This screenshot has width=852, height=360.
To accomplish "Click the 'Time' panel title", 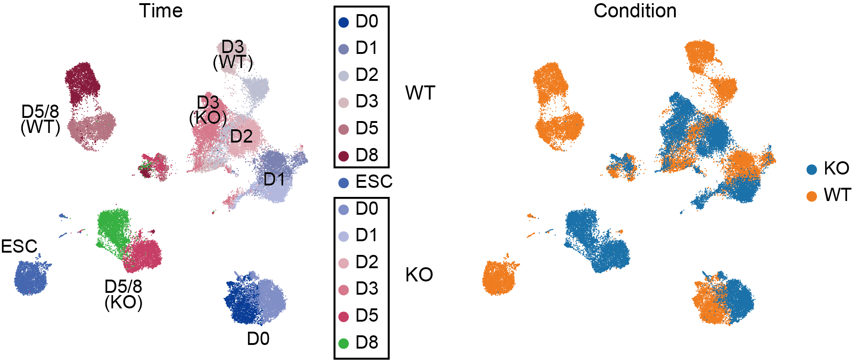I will pyautogui.click(x=161, y=11).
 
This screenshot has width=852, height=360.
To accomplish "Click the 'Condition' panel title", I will pyautogui.click(x=635, y=11).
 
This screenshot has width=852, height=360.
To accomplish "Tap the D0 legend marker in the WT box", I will pyautogui.click(x=344, y=22).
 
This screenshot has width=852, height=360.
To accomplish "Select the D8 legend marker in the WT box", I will pyautogui.click(x=344, y=156).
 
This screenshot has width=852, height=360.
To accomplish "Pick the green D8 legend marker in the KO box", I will pyautogui.click(x=344, y=343).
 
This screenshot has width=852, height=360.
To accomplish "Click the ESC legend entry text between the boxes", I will pyautogui.click(x=374, y=182).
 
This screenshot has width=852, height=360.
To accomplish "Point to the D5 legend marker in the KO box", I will pyautogui.click(x=344, y=316).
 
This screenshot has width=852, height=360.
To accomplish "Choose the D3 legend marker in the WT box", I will pyautogui.click(x=344, y=102).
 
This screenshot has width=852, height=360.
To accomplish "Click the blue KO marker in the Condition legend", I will pyautogui.click(x=811, y=169).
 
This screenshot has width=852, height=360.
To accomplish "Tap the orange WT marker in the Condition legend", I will pyautogui.click(x=811, y=196).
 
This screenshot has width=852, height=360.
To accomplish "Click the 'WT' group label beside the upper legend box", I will pyautogui.click(x=420, y=93).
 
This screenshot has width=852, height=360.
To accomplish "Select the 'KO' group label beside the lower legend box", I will pyautogui.click(x=419, y=275).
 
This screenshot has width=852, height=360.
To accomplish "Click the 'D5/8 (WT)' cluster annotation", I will pyautogui.click(x=41, y=120).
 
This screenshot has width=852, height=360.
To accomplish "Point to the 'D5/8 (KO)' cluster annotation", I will pyautogui.click(x=123, y=295).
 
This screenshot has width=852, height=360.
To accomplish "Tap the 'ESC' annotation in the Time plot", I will pyautogui.click(x=19, y=247).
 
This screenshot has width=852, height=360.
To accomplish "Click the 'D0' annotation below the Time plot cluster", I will pyautogui.click(x=258, y=339).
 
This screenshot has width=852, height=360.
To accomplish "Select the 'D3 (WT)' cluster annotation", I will pyautogui.click(x=233, y=55).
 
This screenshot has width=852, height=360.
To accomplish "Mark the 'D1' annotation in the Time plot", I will pyautogui.click(x=274, y=179).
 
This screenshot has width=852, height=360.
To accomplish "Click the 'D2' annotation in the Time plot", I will pyautogui.click(x=241, y=136).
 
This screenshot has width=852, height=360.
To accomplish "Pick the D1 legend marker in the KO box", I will pyautogui.click(x=344, y=236).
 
